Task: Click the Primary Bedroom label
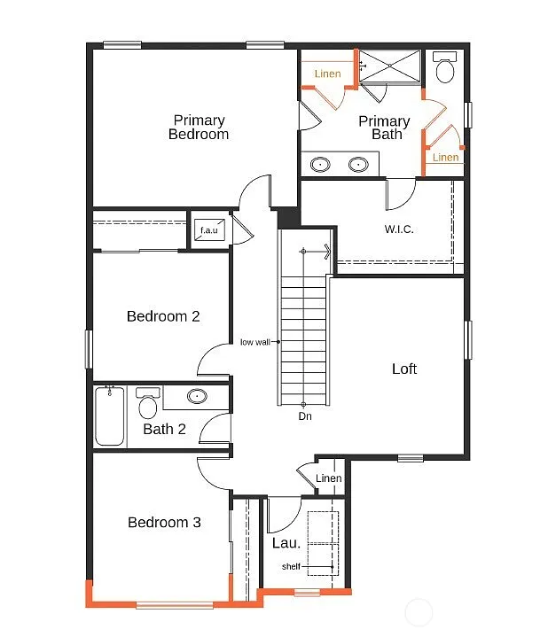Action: [199, 128]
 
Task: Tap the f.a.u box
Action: [209, 230]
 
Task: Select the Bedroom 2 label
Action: [162, 316]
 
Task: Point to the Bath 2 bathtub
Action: [111, 416]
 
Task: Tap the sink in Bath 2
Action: [197, 397]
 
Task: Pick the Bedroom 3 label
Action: [164, 523]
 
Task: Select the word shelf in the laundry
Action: [291, 566]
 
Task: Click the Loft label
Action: [404, 369]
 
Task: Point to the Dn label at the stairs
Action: [304, 416]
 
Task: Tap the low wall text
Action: [255, 342]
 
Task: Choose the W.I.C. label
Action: [399, 229]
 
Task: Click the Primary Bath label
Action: [384, 128]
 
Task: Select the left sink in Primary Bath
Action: [321, 164]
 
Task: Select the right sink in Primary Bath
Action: [358, 164]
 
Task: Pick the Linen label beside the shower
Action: [327, 74]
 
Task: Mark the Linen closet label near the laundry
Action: [328, 478]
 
